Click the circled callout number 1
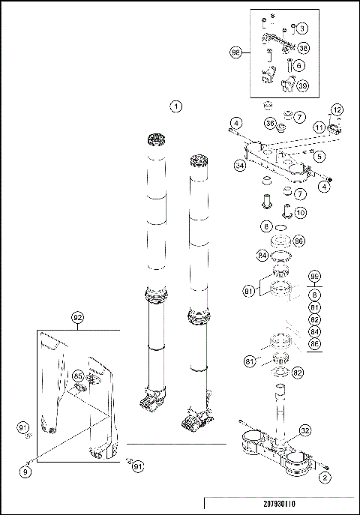(x=176, y=106)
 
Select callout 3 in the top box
(x=302, y=28)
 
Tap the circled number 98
(x=235, y=52)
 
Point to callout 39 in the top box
(x=304, y=85)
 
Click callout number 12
(x=337, y=110)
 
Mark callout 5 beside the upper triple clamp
(x=319, y=156)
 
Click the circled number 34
(x=239, y=164)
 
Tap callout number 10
(x=300, y=212)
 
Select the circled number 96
(x=315, y=275)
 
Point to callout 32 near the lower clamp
(x=305, y=430)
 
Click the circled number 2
(x=325, y=476)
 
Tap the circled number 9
(x=25, y=472)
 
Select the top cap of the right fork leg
(x=199, y=161)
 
